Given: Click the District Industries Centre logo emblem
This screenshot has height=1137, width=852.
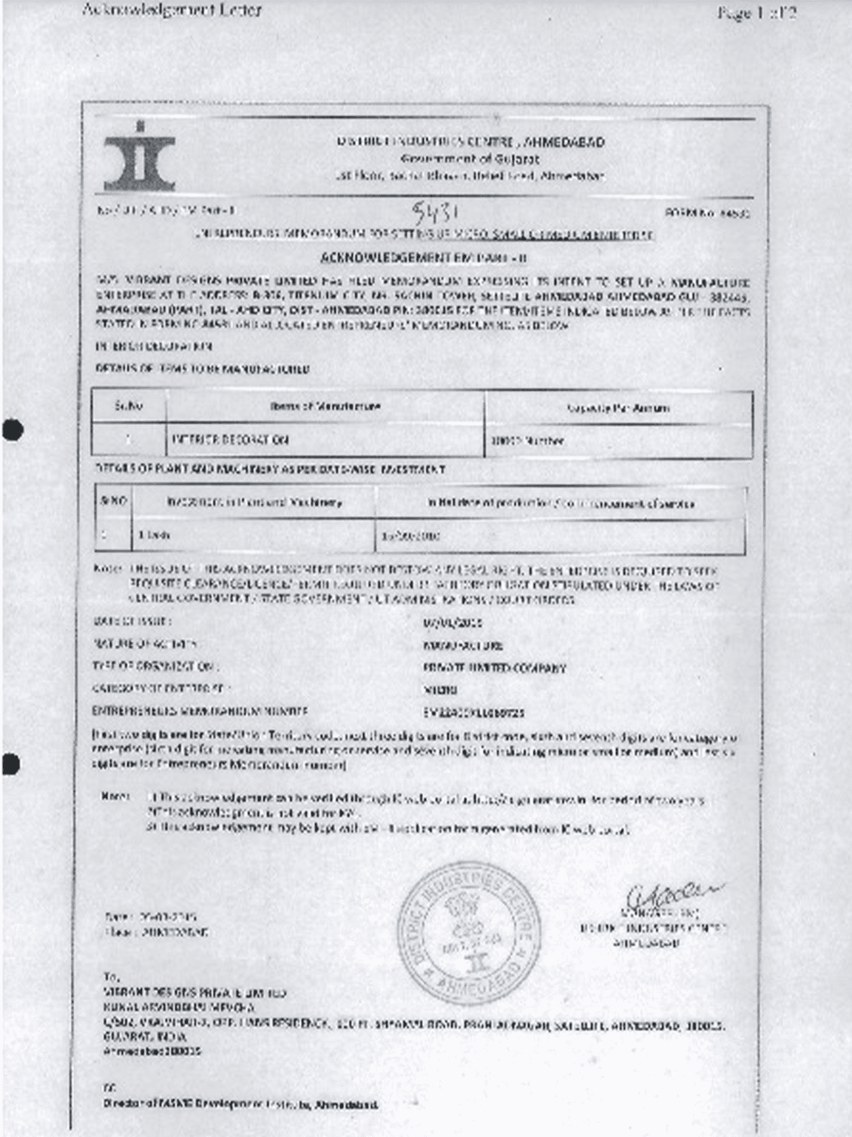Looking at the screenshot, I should click(x=140, y=157).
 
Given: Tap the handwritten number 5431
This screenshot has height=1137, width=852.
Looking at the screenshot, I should click(x=435, y=214).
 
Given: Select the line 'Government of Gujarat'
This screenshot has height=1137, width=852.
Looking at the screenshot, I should click(x=470, y=159).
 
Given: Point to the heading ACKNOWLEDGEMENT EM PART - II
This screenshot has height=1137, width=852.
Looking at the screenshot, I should click(x=424, y=258).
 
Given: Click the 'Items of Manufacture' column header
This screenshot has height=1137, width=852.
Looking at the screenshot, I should click(x=325, y=406).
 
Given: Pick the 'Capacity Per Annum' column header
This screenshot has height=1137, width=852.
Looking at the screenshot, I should click(x=618, y=408).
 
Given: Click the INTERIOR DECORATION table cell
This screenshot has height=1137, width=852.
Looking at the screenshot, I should click(x=230, y=440).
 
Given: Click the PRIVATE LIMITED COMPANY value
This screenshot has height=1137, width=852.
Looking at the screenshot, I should click(x=494, y=668).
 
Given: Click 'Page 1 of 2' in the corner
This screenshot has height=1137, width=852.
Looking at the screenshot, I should click(x=756, y=13).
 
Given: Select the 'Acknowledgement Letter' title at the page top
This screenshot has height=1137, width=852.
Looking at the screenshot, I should click(x=171, y=10).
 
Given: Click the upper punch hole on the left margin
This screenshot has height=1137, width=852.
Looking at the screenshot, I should click(x=13, y=429).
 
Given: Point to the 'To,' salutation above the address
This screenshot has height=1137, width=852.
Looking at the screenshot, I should click(x=111, y=977).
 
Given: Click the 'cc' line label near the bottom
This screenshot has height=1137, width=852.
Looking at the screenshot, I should click(x=109, y=1087).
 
